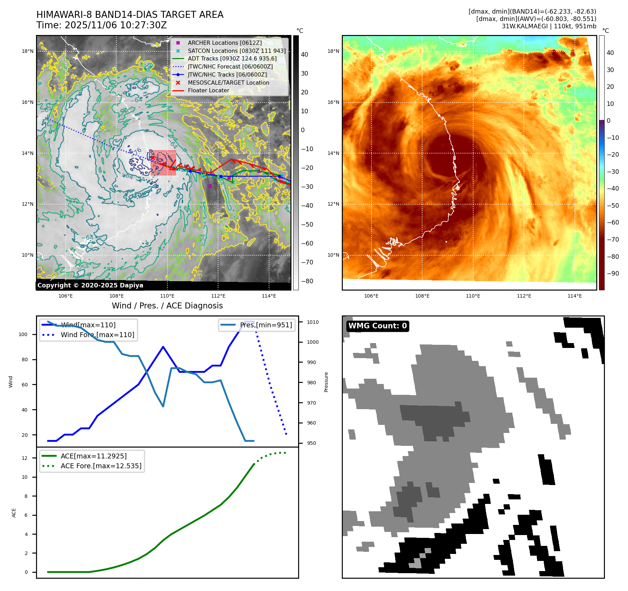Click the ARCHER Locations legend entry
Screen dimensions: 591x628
[224, 43]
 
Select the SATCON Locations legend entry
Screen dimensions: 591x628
[236, 51]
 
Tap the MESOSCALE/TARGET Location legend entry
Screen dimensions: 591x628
[228, 83]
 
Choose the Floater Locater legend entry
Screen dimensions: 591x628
[208, 90]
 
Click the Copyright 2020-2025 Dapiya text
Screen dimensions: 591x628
[90, 285]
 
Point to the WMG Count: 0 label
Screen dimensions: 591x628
[377, 326]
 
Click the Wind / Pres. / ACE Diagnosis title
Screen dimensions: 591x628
[167, 306]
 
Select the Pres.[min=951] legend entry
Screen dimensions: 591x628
[266, 325]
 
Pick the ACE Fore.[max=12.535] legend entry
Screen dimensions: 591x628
[101, 466]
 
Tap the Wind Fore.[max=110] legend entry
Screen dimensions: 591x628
[97, 335]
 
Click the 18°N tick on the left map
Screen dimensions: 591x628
[28, 51]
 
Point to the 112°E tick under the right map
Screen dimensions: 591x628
[524, 296]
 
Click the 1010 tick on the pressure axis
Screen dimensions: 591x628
[313, 322]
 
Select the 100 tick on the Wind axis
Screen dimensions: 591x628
[23, 334]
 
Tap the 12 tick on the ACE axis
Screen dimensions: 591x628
[24, 458]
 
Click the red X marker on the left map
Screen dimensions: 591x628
[153, 158]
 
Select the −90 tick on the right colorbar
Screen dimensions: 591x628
[613, 273]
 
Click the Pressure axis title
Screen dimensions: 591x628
[326, 382]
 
